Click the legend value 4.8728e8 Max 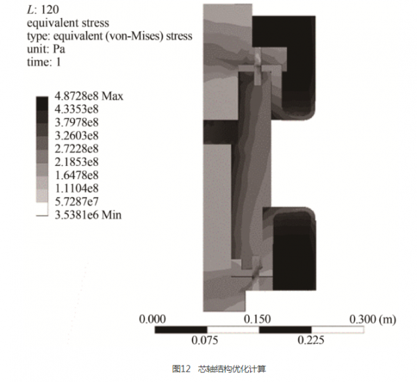tap(89, 96)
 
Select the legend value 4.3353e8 tap(76, 109)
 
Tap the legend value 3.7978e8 tap(76, 122)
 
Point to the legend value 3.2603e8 tap(76, 135)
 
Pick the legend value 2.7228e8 tap(76, 149)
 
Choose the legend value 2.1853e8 tap(76, 162)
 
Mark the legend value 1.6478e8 tap(76, 175)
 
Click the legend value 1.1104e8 tap(76, 188)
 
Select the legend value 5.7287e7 tap(76, 201)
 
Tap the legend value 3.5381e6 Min tap(88, 215)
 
